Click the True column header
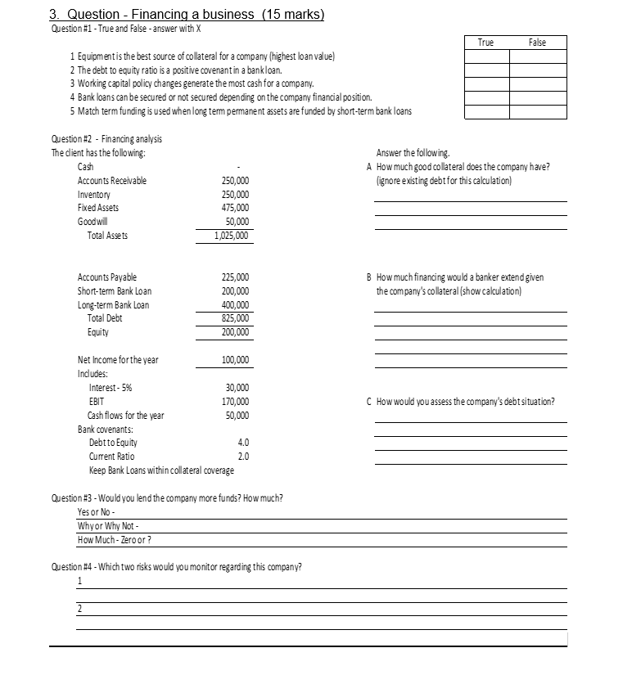click(x=485, y=42)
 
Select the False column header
click(x=537, y=42)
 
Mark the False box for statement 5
click(x=537, y=110)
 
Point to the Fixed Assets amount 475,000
click(x=236, y=208)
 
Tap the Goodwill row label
click(x=93, y=222)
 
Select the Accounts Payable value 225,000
click(x=236, y=277)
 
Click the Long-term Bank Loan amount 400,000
click(x=236, y=305)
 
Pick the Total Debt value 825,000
click(x=236, y=318)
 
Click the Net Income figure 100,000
click(x=236, y=360)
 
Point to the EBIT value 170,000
click(x=236, y=402)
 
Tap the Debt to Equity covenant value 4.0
click(x=242, y=443)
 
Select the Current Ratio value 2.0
click(x=242, y=456)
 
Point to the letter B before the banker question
click(x=371, y=277)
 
